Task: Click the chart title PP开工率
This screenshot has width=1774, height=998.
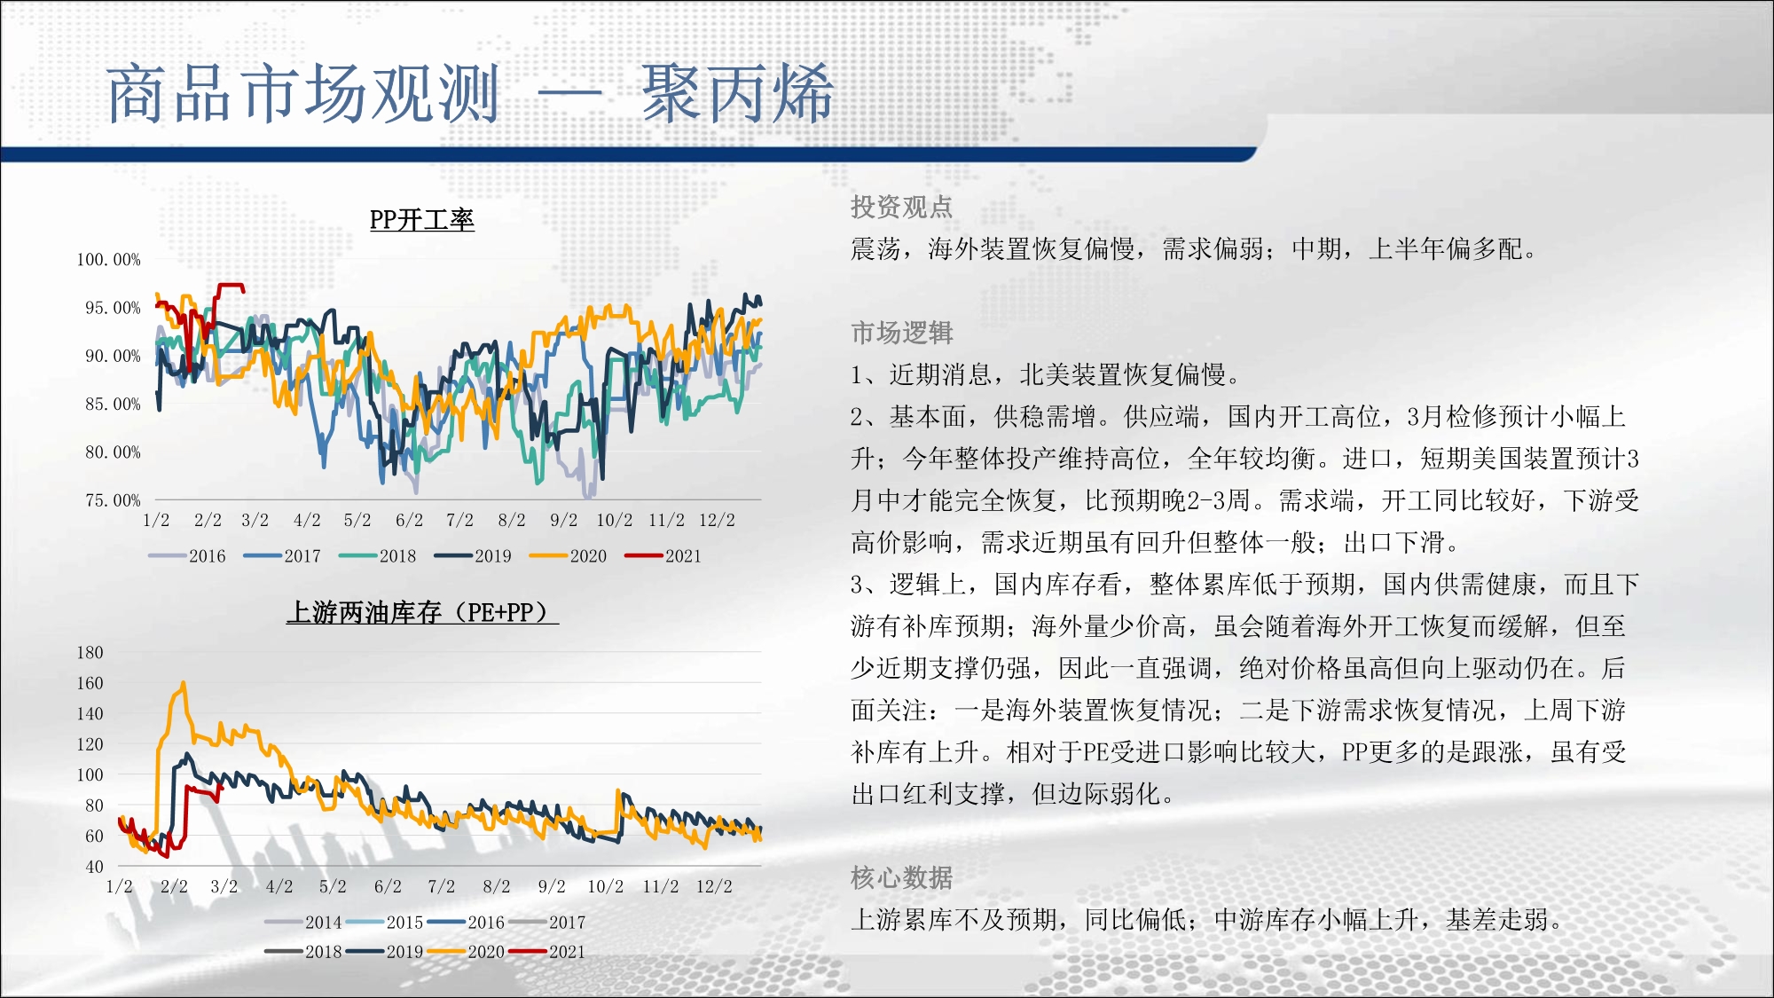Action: click(x=422, y=220)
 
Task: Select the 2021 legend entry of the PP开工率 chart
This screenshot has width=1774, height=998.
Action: click(x=663, y=556)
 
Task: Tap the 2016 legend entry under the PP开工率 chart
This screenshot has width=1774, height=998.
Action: click(x=187, y=556)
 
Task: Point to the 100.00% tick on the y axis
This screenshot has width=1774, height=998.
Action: click(x=108, y=260)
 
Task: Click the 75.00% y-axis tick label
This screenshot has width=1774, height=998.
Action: click(x=113, y=500)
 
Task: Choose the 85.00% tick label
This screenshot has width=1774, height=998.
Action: click(x=113, y=405)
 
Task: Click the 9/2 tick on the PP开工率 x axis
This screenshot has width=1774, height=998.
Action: click(x=563, y=521)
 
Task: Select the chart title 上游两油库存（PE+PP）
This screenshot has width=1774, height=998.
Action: click(x=422, y=612)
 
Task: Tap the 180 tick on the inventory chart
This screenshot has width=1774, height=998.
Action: click(x=90, y=653)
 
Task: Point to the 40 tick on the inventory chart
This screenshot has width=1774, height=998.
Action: click(x=94, y=867)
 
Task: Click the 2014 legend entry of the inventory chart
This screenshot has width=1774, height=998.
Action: click(x=303, y=923)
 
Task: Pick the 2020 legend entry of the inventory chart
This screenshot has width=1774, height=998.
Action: click(x=466, y=952)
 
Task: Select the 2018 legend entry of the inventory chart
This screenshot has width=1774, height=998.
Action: click(x=303, y=952)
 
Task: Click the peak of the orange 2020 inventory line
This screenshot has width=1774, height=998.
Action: click(x=184, y=682)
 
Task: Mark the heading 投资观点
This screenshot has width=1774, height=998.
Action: click(x=901, y=208)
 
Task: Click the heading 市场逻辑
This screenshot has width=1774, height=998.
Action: click(x=901, y=334)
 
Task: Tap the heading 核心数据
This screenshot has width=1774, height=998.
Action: click(x=901, y=878)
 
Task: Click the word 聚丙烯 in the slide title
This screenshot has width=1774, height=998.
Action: click(x=737, y=94)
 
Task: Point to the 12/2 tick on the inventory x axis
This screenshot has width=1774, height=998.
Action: click(x=714, y=887)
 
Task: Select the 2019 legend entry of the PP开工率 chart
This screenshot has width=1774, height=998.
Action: click(x=473, y=556)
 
